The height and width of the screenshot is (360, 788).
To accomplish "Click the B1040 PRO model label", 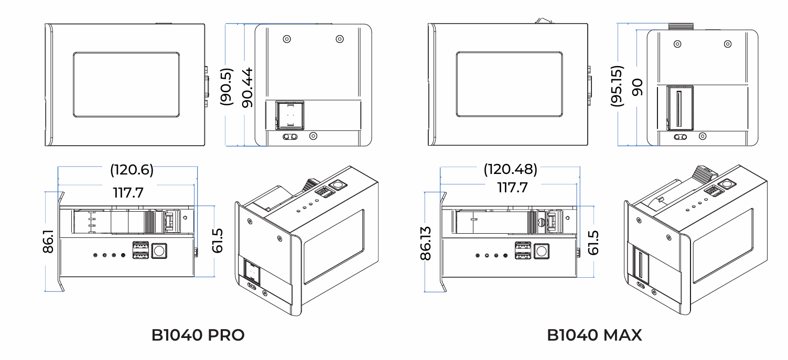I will [x=198, y=335].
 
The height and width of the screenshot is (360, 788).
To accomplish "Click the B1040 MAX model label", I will [x=594, y=335].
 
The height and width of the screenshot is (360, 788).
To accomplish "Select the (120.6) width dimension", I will [x=132, y=170].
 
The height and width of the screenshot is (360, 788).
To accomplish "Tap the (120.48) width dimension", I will [x=510, y=169].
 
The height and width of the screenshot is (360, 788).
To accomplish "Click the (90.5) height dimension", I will [x=226, y=86].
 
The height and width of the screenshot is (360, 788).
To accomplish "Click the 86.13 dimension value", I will [x=426, y=243].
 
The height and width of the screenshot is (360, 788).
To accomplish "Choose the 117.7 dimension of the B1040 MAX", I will [x=512, y=187].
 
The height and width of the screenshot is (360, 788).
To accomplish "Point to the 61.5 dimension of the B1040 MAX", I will [x=594, y=240].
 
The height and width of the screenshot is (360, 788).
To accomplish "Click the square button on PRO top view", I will [x=158, y=250].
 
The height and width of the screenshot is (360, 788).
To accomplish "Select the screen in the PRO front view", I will [x=126, y=84].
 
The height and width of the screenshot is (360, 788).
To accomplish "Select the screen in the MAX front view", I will [x=509, y=84].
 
